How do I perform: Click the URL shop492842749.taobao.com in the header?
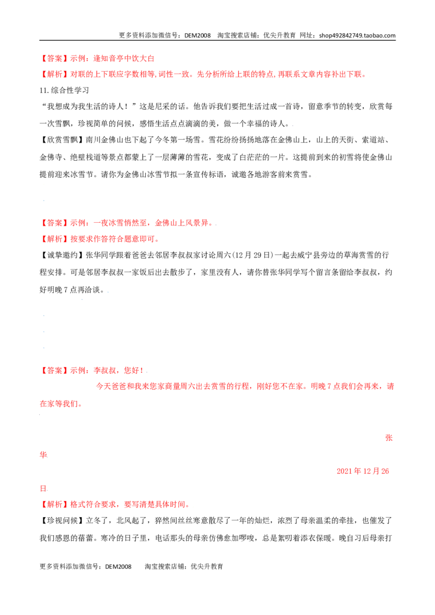pyautogui.click(x=357, y=35)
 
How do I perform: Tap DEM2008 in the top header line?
pyautogui.click(x=197, y=35)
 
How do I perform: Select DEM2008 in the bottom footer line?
pyautogui.click(x=118, y=566)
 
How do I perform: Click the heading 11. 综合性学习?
pyautogui.click(x=64, y=90)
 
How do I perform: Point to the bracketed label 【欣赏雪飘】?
pyautogui.click(x=63, y=140)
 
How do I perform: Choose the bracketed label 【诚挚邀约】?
pyautogui.click(x=63, y=255)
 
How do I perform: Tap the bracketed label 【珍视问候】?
pyautogui.click(x=63, y=520)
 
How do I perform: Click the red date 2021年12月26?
pyautogui.click(x=363, y=471)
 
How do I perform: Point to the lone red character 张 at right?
pyautogui.click(x=389, y=438)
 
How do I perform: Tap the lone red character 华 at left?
pyautogui.click(x=43, y=455)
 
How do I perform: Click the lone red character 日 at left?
pyautogui.click(x=43, y=488)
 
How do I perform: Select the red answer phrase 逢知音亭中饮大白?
pyautogui.click(x=123, y=59)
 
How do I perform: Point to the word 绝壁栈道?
pyautogui.click(x=85, y=157)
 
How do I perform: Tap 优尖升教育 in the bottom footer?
pyautogui.click(x=207, y=566)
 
